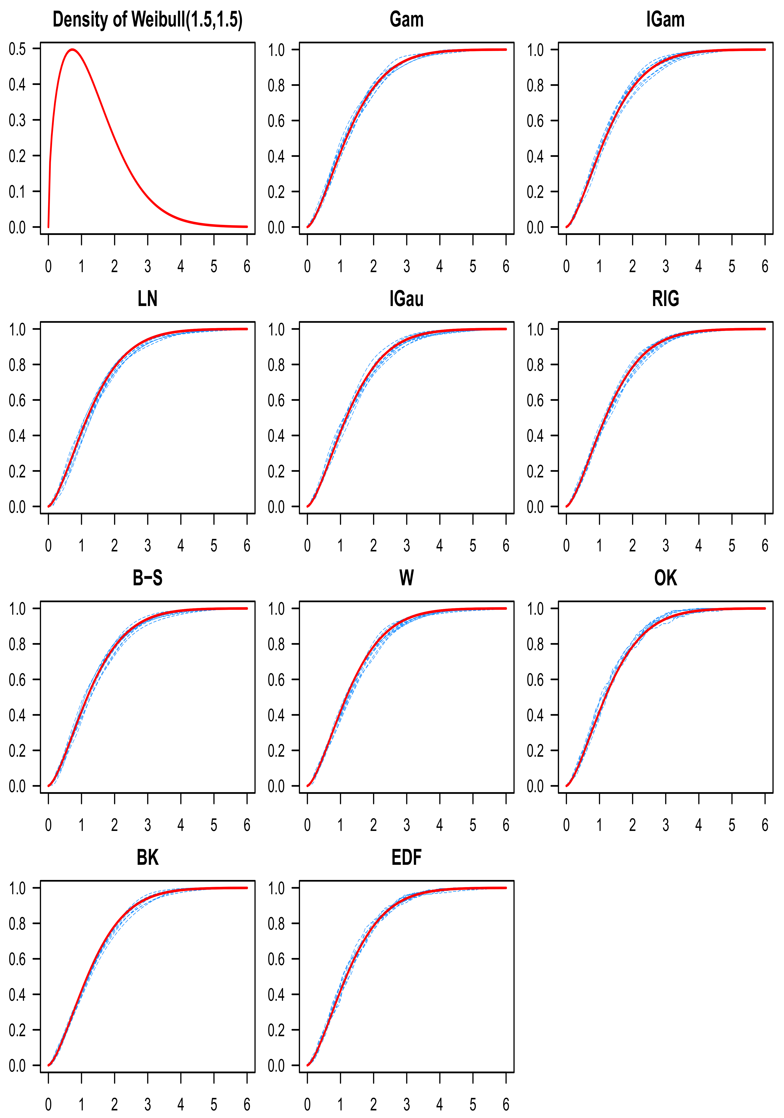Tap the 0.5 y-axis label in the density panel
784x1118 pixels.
point(18,49)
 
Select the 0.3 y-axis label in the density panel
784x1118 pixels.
point(18,120)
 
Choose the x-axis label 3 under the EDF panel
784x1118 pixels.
point(406,1104)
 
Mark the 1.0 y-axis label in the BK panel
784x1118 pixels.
point(18,888)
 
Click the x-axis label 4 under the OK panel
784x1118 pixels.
point(699,825)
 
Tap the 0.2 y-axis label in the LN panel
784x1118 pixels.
point(18,471)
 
